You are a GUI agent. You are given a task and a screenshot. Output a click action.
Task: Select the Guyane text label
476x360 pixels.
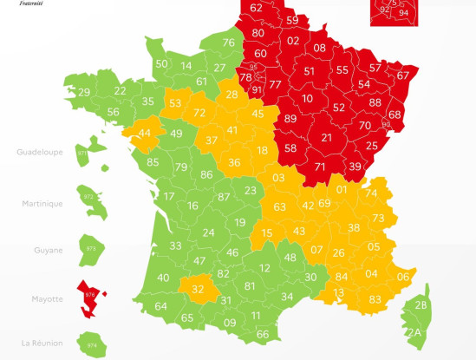[49, 251]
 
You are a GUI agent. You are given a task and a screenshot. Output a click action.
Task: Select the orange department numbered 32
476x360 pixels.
[198, 289]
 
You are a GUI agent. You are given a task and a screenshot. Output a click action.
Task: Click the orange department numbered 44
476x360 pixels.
[144, 134]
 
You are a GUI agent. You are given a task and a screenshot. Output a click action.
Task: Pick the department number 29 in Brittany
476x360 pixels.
[83, 93]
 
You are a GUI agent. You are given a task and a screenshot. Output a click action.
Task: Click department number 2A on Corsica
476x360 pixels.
[415, 332]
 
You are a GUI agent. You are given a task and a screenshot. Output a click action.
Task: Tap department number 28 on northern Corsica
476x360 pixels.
[421, 305]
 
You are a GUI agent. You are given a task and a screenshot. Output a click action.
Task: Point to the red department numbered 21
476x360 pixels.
[326, 137]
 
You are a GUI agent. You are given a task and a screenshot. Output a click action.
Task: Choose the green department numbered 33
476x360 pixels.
[175, 246]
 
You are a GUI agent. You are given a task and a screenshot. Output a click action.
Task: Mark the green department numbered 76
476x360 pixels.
[228, 43]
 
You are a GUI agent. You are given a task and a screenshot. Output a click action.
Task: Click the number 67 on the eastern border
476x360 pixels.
[402, 75]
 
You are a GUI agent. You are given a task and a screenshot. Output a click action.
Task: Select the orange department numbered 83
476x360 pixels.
[375, 299]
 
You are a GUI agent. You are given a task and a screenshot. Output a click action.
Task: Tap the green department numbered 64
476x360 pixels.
[160, 306]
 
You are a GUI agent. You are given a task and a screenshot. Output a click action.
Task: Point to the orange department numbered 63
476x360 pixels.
[279, 207]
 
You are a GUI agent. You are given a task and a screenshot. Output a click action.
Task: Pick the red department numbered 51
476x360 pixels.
[310, 71]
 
